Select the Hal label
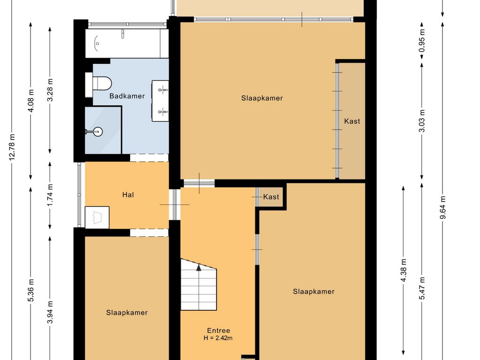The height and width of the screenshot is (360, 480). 128,195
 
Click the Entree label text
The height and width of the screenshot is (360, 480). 218,330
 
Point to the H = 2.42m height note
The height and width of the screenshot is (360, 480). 218,338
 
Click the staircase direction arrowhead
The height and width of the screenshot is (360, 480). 199,268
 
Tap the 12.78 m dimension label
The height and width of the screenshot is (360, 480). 12,147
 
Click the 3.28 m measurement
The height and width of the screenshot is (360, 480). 50,90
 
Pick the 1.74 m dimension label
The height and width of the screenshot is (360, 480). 50,195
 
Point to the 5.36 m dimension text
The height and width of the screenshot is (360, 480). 31,290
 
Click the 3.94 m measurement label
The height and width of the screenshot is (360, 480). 50,312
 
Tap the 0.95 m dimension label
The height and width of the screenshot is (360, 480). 422,40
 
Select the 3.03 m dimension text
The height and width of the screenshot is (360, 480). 422,120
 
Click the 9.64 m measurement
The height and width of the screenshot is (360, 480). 442,208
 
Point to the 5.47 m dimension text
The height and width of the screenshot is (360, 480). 422,288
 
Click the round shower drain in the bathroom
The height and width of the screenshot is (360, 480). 97,132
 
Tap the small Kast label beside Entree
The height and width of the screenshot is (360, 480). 271,196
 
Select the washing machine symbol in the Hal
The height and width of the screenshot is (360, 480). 97,217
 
